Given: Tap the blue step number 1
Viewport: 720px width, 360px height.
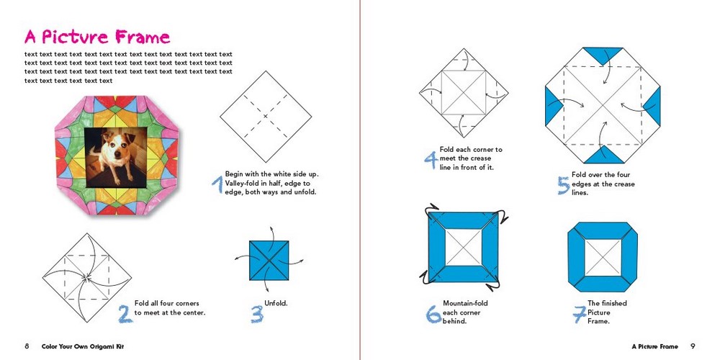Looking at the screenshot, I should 216,185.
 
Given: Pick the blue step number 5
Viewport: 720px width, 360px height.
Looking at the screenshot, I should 563,185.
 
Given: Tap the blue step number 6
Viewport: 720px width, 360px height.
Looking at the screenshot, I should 433,313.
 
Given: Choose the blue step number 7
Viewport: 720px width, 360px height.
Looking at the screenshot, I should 577,314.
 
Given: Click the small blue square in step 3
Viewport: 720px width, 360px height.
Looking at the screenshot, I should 269,259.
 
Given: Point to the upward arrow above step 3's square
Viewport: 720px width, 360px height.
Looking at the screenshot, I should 274,232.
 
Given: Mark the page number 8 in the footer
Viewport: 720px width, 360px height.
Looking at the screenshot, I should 27,346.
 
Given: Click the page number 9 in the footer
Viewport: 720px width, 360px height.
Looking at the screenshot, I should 693,346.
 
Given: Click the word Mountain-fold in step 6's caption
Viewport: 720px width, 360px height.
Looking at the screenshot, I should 465,303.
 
